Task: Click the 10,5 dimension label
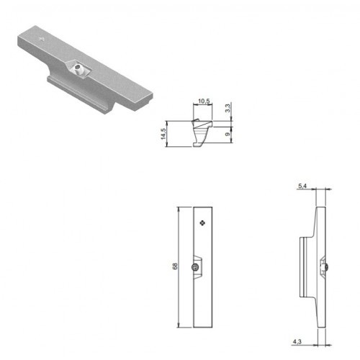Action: pyautogui.click(x=204, y=101)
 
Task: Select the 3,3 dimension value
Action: pyautogui.click(x=228, y=107)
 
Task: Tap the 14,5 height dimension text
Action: pyautogui.click(x=163, y=134)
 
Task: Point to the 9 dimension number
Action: pyautogui.click(x=228, y=134)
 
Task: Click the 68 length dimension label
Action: pyautogui.click(x=175, y=266)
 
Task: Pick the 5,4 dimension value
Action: pyautogui.click(x=302, y=186)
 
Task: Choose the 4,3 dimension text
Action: pyautogui.click(x=297, y=341)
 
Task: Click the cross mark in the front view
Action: pyautogui.click(x=203, y=223)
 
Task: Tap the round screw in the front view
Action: pyautogui.click(x=195, y=267)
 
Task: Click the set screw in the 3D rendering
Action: pyautogui.click(x=78, y=69)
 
